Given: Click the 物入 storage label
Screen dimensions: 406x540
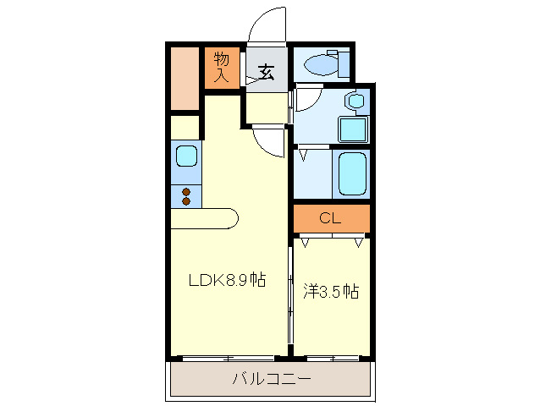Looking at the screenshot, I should (x=223, y=68).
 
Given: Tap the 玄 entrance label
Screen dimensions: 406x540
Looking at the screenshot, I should (x=266, y=72).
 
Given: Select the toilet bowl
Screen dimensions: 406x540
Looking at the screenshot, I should (x=320, y=63).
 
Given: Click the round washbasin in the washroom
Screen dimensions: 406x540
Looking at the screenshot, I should (x=355, y=101).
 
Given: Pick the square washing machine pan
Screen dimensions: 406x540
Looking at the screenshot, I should (x=352, y=129).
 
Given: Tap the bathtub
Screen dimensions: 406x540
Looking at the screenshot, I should (x=350, y=173).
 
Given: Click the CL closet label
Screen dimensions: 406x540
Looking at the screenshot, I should (x=331, y=218).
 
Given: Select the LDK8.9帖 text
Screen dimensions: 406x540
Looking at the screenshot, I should (x=226, y=280).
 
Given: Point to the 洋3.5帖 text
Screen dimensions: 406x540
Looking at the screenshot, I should (x=331, y=292).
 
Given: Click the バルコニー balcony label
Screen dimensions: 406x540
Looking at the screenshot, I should (x=272, y=378).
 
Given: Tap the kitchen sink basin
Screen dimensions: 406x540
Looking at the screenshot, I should (x=186, y=156).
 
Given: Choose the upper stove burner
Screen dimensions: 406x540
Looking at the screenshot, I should (x=186, y=191).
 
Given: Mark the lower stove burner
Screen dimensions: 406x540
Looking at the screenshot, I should (x=186, y=201).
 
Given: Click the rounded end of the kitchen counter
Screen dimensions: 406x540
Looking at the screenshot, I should (x=230, y=218).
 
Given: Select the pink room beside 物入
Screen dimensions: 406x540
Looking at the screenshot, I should (x=184, y=79).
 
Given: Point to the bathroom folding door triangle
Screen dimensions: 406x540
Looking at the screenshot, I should (x=303, y=155).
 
